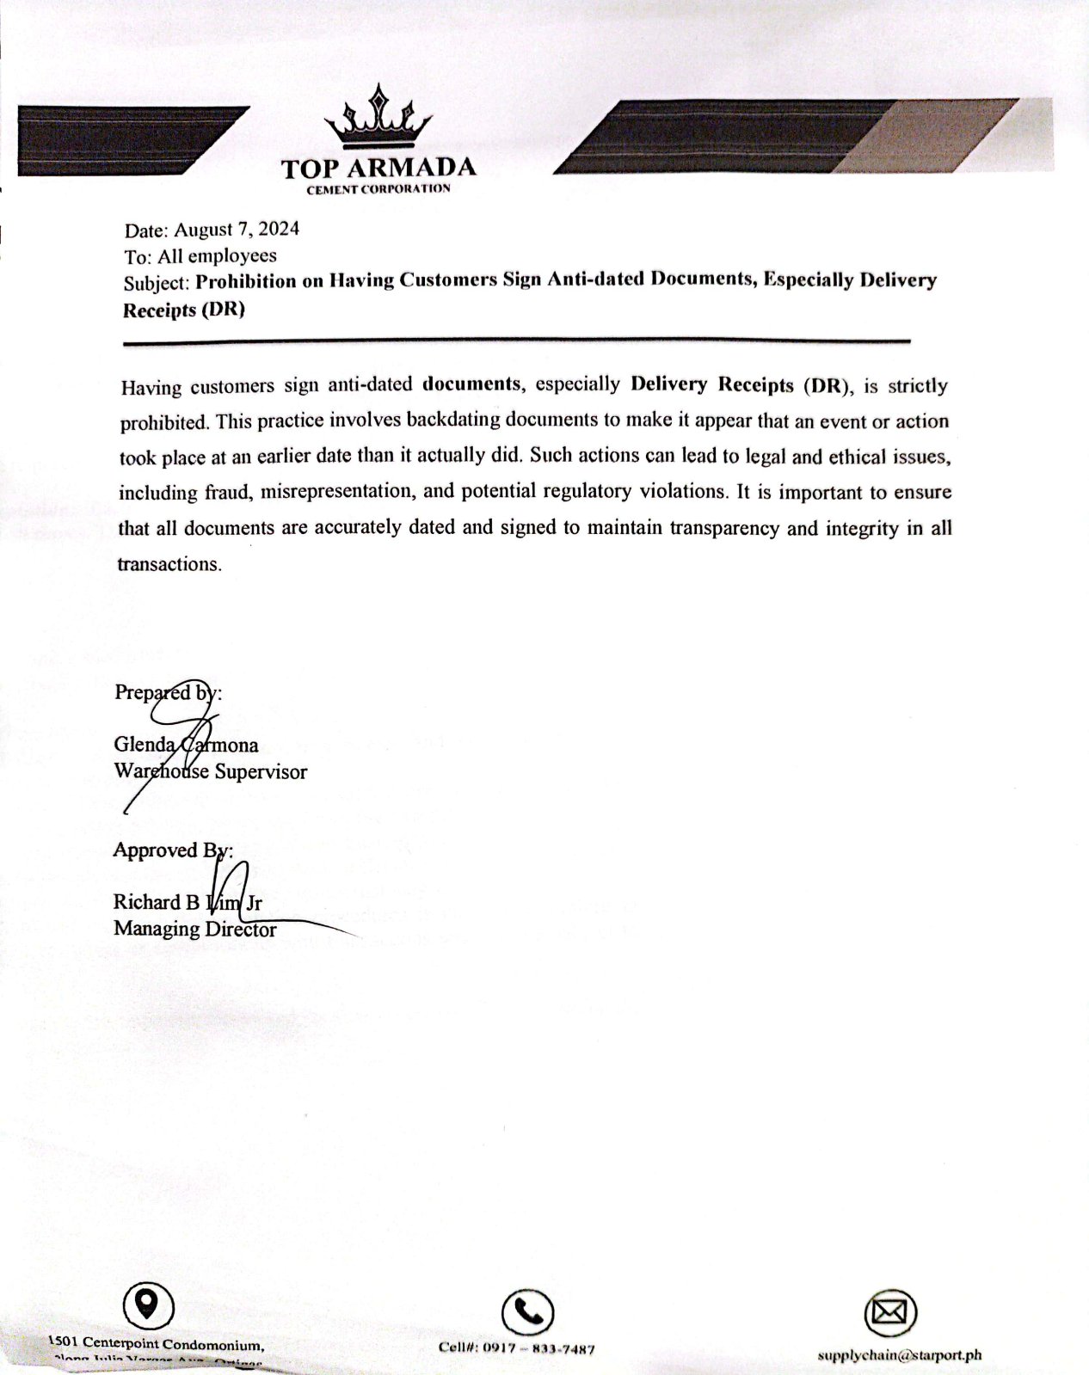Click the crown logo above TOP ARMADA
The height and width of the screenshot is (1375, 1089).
tap(378, 118)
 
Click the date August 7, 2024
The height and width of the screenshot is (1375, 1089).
tap(237, 230)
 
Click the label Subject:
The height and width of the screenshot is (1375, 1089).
tap(156, 283)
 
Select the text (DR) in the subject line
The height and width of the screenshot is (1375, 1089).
tap(223, 310)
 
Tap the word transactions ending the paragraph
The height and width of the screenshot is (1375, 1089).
tap(169, 564)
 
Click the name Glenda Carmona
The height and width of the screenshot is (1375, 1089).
tap(186, 745)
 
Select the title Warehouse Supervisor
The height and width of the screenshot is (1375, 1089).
tap(210, 771)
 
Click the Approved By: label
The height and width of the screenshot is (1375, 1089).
tap(172, 850)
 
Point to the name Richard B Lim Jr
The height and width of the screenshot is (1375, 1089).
tap(188, 902)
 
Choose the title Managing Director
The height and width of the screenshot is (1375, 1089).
tap(194, 929)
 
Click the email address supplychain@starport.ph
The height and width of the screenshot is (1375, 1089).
tap(899, 1355)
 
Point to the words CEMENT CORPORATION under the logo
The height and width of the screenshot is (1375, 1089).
tap(378, 189)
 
